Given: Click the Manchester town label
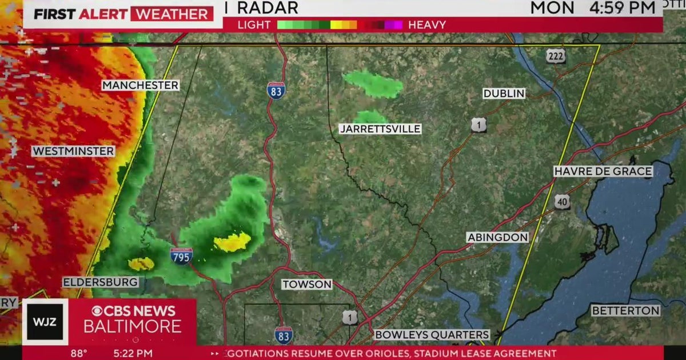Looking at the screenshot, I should click(x=141, y=86).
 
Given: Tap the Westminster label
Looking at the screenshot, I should click(x=73, y=151).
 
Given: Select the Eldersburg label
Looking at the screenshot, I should click(x=101, y=282).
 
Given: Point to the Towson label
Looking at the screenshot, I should click(x=307, y=284).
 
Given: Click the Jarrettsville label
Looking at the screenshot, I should click(x=380, y=129).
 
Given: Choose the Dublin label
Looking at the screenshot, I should click(x=504, y=94).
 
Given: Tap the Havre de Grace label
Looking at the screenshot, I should click(x=603, y=171).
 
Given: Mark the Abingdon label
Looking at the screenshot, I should click(x=497, y=237).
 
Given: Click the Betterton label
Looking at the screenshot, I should click(x=625, y=311).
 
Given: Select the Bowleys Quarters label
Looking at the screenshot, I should click(x=432, y=335).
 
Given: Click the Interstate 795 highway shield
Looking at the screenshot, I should click(x=181, y=255).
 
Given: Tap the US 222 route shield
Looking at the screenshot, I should click(x=555, y=56).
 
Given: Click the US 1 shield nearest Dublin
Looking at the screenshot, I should click(x=479, y=125).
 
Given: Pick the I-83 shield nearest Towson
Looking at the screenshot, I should click(x=283, y=334).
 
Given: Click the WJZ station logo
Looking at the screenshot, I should click(x=45, y=322).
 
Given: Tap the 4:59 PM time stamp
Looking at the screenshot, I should click(x=623, y=8).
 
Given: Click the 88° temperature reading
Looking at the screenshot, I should click(x=78, y=354).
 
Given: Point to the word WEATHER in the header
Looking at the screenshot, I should click(x=171, y=14).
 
